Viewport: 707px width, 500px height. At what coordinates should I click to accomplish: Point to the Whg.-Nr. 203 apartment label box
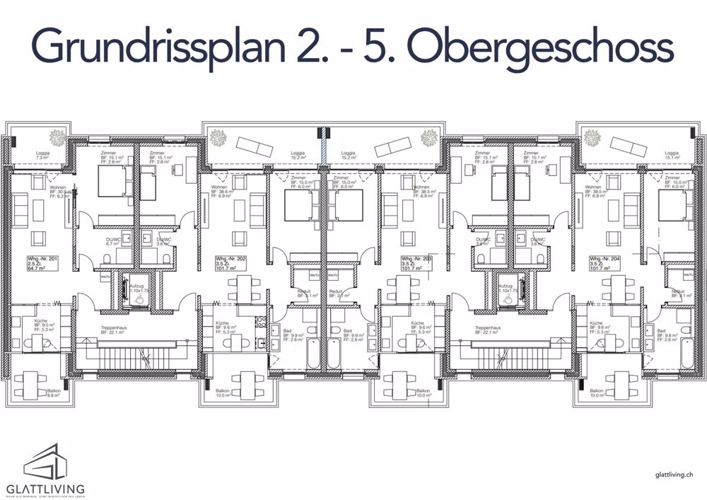pyautogui.click(x=416, y=264)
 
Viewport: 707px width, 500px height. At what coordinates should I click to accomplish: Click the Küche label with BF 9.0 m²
pyautogui.click(x=46, y=325)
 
